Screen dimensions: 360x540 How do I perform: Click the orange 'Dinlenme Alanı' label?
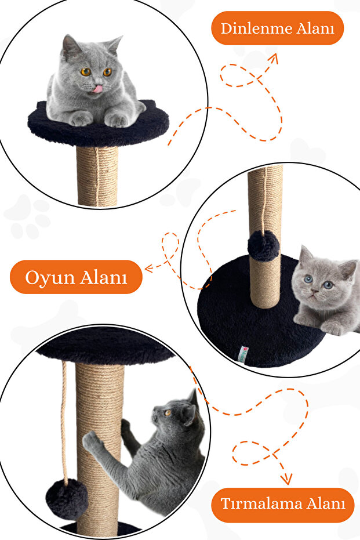click(278, 28)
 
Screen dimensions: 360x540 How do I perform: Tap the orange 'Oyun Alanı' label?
click(76, 277)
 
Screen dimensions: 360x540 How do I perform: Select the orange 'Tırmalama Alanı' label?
click(282, 504)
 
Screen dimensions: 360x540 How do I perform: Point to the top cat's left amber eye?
click(85, 72)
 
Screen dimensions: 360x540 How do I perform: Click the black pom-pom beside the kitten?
click(263, 245)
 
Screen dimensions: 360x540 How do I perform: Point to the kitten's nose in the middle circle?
click(314, 291)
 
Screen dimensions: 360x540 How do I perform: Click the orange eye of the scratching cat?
click(168, 412)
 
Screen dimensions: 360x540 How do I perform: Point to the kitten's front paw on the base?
click(333, 328)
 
